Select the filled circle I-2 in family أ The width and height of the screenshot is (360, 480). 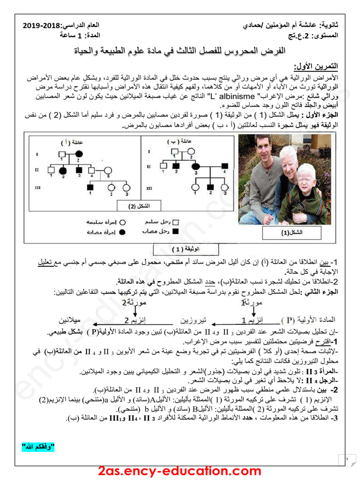pyautogui.click(x=79, y=153)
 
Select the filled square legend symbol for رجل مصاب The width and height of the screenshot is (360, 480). pyautogui.click(x=177, y=232)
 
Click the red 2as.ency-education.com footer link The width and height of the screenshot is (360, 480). pyautogui.click(x=180, y=471)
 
